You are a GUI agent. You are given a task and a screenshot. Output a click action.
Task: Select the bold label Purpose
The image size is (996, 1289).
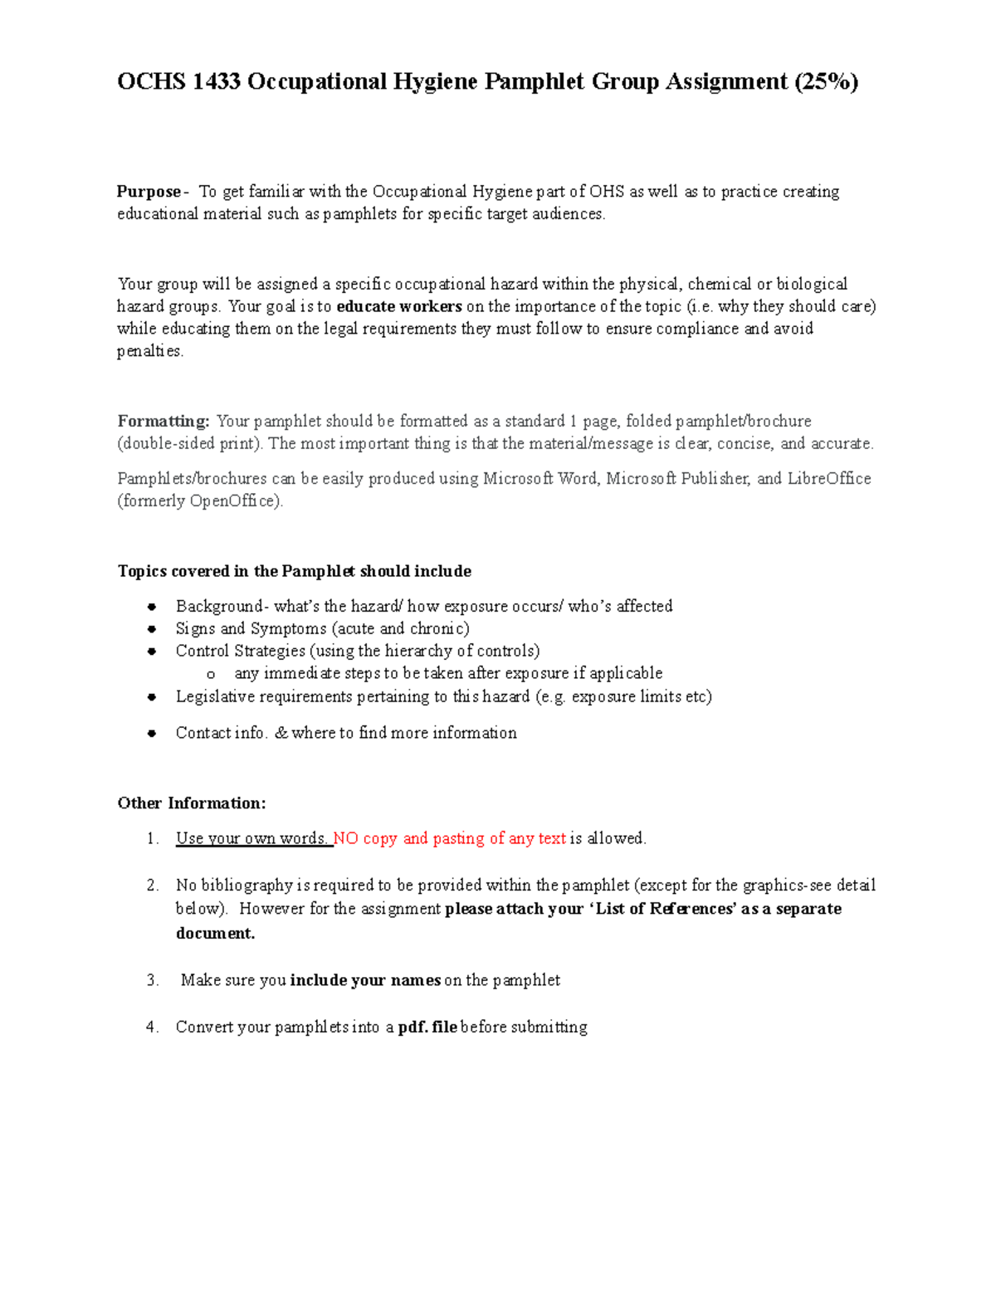[x=149, y=192]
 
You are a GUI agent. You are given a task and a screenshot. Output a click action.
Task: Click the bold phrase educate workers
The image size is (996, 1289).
[x=399, y=306]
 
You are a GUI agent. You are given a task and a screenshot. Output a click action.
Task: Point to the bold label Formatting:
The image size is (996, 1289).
[x=164, y=421]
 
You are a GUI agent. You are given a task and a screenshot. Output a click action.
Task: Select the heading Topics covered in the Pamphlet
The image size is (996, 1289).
[x=294, y=571]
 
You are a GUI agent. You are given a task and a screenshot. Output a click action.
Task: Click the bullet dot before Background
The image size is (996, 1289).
[x=152, y=607]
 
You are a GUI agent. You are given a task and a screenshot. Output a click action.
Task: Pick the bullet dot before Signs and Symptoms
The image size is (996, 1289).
[x=152, y=629]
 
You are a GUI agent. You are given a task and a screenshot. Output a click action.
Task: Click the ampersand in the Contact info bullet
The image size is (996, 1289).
[x=281, y=733]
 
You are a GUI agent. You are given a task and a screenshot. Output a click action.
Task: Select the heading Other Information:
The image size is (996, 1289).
[x=192, y=803]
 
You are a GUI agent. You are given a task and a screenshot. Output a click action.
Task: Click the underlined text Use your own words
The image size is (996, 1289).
[x=252, y=838]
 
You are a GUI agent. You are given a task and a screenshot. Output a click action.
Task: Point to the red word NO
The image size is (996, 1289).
[x=346, y=838]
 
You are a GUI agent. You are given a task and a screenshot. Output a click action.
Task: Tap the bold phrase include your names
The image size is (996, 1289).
[x=365, y=980]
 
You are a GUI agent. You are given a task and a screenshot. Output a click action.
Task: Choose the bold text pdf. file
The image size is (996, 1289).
[x=427, y=1028]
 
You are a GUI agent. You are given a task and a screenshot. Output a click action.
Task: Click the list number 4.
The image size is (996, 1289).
[x=152, y=1028]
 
